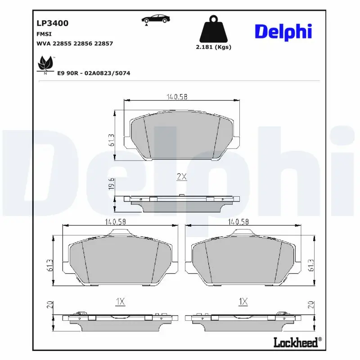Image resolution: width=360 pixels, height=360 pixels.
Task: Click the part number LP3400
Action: pyautogui.click(x=52, y=23)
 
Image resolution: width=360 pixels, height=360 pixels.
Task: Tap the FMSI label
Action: pyautogui.click(x=43, y=34)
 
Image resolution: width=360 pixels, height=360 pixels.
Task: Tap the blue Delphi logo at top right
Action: pyautogui.click(x=283, y=31)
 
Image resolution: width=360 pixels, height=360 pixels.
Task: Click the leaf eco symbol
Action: pyautogui.click(x=45, y=64)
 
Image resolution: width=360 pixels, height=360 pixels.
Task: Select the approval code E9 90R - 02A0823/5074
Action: pyautogui.click(x=94, y=73)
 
